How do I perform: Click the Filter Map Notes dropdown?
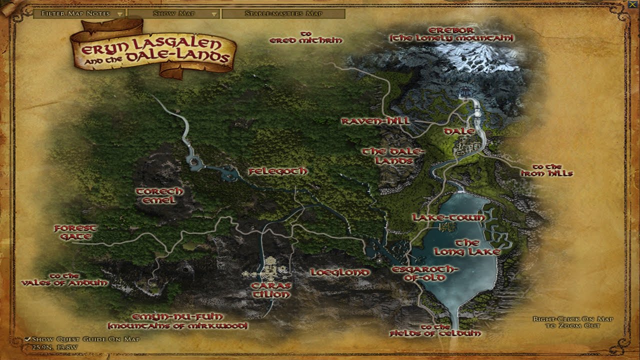pos(79,13)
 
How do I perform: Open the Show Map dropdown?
pos(174,13)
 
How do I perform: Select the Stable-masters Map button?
pos(283,13)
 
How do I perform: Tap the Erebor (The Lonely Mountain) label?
pos(451,34)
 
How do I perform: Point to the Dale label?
pos(458,131)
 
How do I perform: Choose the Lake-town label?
pos(448,217)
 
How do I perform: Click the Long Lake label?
pos(467,247)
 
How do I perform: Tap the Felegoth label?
pos(278,171)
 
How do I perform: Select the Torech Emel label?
pos(159,195)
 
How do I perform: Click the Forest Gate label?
pos(75,232)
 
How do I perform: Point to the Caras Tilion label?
pos(271,290)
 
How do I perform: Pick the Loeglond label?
pos(339,272)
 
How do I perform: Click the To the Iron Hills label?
pos(546,170)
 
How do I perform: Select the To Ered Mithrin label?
pos(305,37)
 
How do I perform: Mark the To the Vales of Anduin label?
pos(64,279)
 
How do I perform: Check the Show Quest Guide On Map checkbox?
pos(28,339)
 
